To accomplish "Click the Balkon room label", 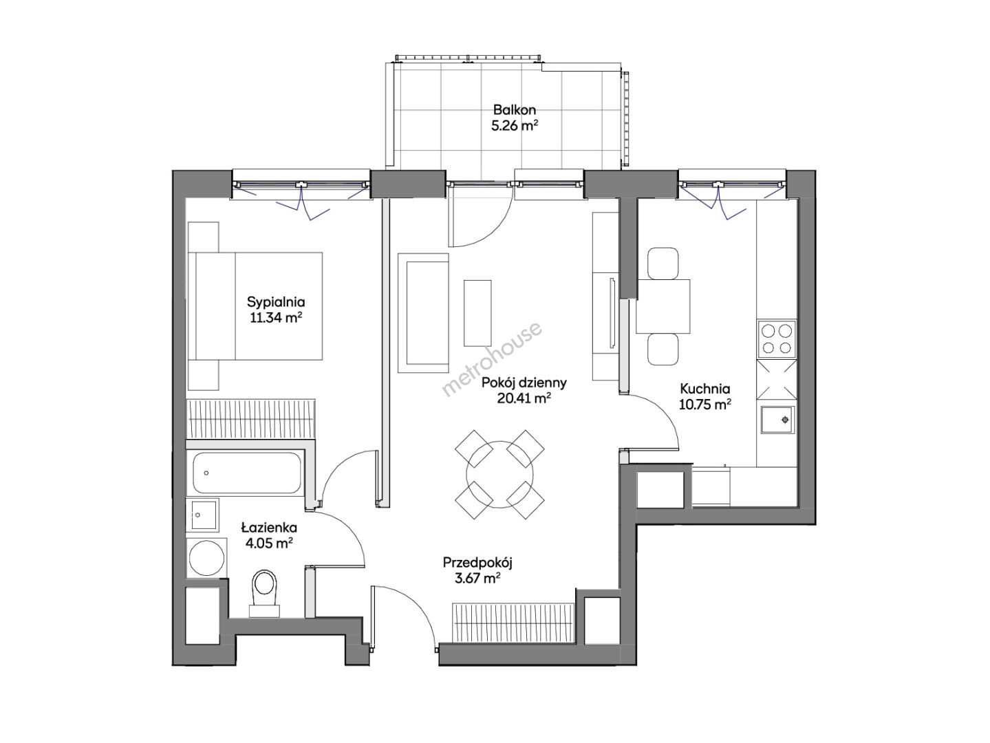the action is (514, 109).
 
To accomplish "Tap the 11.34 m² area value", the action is (276, 318).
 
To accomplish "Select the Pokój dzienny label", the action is (524, 383).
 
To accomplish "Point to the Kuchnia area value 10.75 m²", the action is (705, 405).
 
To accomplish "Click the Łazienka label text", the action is (268, 527).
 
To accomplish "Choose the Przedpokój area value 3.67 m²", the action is (477, 579).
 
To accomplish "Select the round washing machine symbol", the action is (207, 558).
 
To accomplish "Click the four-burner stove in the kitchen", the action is (777, 339).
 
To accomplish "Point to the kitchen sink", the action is (777, 420).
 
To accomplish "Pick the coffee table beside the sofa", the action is (477, 313).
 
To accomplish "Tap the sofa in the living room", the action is (424, 313).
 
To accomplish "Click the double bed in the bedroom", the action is (255, 306).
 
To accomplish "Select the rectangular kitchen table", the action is (663, 306).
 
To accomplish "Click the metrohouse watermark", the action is (493, 359).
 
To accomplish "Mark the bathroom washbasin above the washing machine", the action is (203, 515).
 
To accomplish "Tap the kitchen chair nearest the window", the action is (663, 263).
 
